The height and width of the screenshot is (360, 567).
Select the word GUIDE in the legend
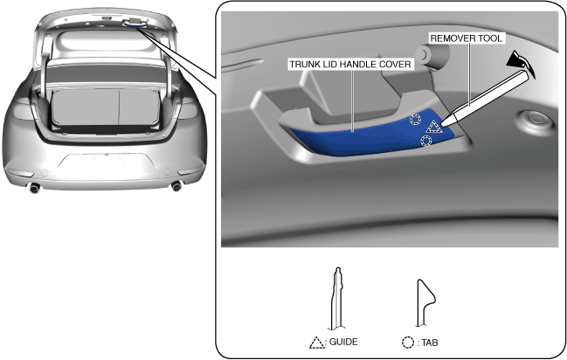coord(343,343)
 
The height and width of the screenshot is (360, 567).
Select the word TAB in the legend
coord(429,343)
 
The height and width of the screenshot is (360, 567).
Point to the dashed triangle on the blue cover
coord(433,129)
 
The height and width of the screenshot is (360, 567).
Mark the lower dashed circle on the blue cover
coord(425,140)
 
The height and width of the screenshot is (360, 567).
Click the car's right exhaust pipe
coord(177,187)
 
